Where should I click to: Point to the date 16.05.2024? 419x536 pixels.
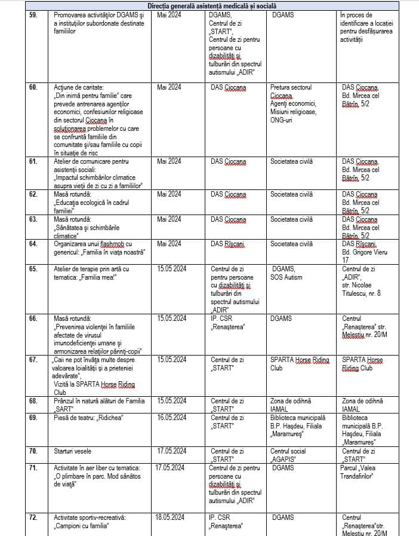pos(172,417)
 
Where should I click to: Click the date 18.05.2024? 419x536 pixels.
pos(172,517)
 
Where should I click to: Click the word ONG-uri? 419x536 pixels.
pos(284,120)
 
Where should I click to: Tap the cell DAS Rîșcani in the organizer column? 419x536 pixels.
pos(228,244)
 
